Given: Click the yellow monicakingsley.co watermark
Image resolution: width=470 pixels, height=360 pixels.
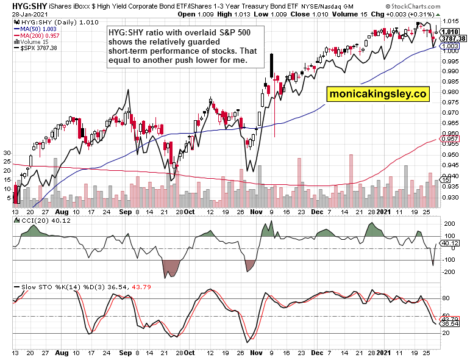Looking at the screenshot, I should tap(378, 94).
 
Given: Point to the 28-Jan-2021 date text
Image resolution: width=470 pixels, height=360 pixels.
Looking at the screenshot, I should tap(21, 14).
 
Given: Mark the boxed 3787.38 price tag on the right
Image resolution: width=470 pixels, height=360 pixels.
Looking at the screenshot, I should tap(450, 38).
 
